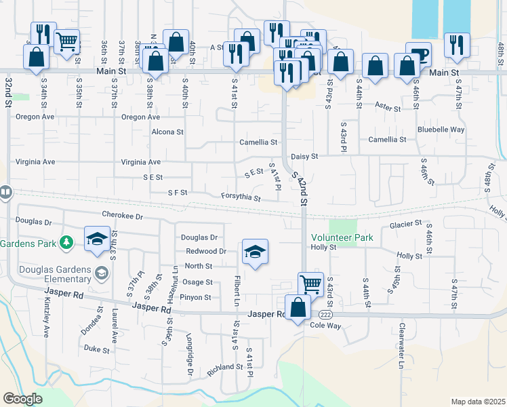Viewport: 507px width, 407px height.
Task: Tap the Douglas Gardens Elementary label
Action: [x=46, y=273]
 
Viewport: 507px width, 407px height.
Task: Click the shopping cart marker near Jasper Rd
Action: [x=310, y=284]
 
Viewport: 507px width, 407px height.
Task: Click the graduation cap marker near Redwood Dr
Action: [x=255, y=252]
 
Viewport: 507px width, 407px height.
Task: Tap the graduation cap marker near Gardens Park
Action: [x=97, y=239]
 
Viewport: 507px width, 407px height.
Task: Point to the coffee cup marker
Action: [x=418, y=54]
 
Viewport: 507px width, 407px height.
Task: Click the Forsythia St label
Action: [x=241, y=197]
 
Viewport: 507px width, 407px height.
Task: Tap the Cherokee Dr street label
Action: [x=123, y=215]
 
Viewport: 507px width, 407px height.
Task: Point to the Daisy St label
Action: [x=304, y=156]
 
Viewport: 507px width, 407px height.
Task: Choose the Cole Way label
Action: [x=326, y=326]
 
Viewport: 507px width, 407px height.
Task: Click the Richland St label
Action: [x=225, y=367]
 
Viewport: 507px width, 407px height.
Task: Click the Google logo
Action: [x=22, y=399]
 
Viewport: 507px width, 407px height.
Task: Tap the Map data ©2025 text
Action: [x=478, y=402]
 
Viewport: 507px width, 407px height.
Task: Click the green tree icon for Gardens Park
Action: [x=66, y=241]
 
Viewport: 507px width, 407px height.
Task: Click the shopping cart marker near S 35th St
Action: [x=66, y=42]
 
